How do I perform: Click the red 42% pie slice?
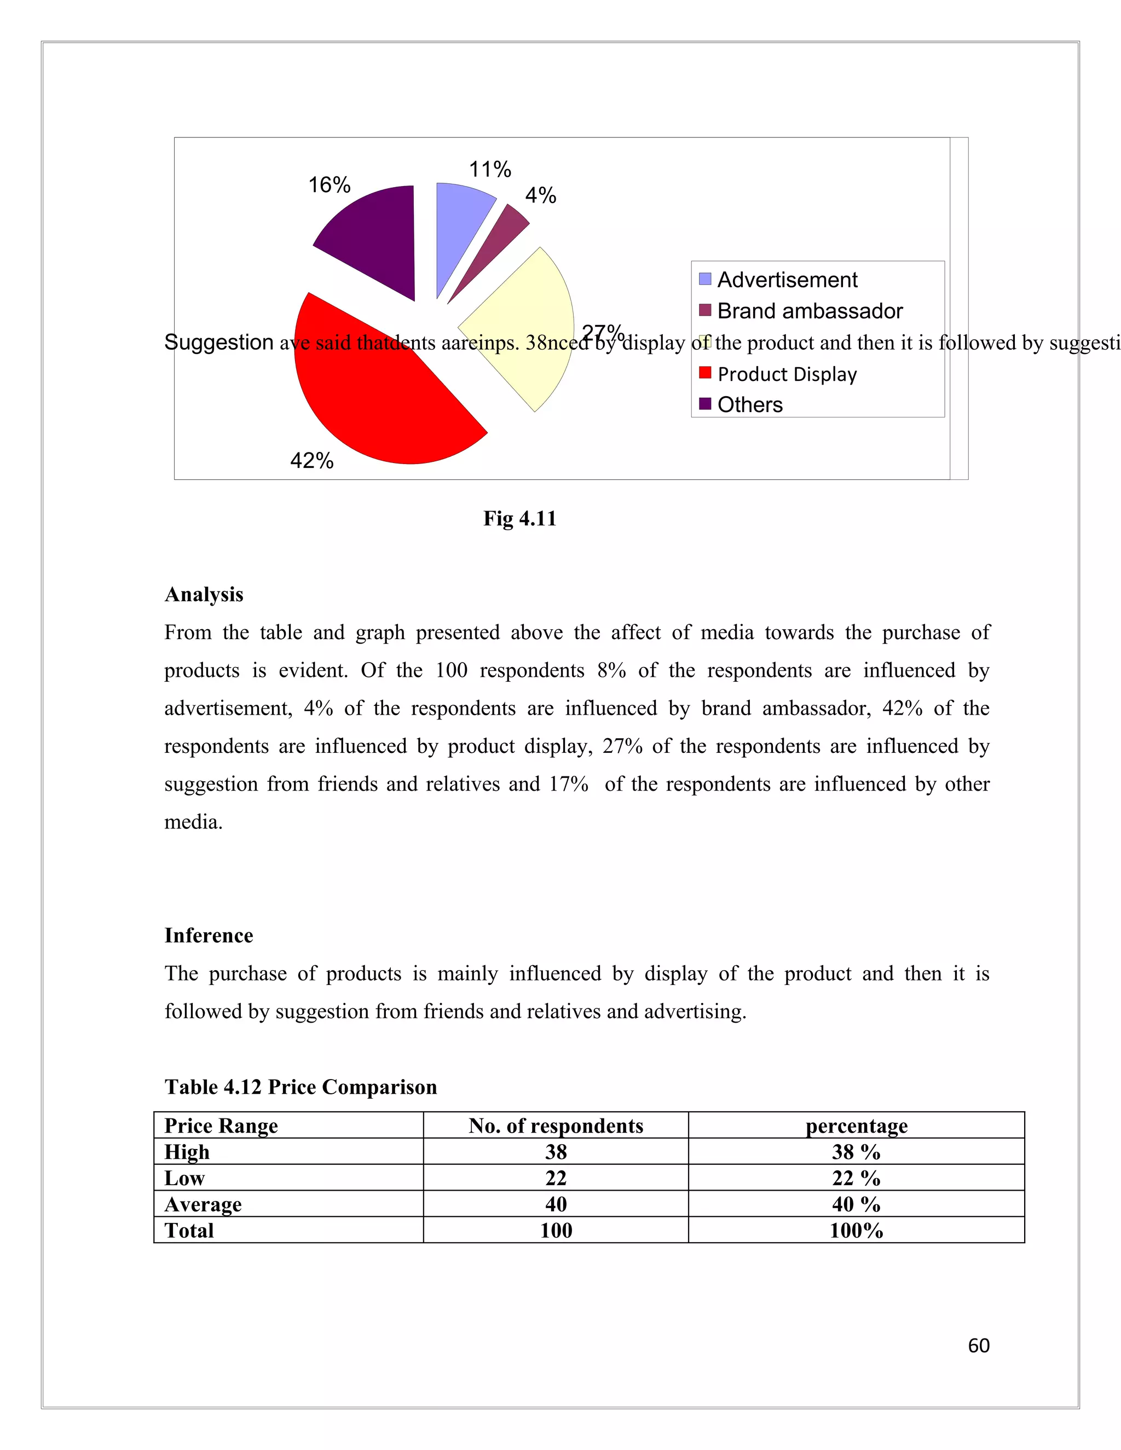tap(385, 405)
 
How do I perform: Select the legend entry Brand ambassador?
tap(810, 311)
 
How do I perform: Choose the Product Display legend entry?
tap(787, 374)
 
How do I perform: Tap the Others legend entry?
tap(750, 404)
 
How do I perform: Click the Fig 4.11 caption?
tap(519, 519)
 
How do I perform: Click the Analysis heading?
tap(204, 594)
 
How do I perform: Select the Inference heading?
tap(209, 936)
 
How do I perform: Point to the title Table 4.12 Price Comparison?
tap(301, 1087)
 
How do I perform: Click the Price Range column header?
tap(221, 1126)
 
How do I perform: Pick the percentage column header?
tap(856, 1126)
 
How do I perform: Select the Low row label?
tap(184, 1179)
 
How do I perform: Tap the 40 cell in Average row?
tap(556, 1204)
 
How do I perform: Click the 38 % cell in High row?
tap(856, 1152)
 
